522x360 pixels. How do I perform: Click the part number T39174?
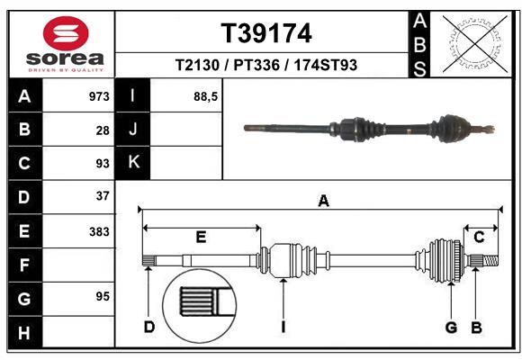tap(266, 34)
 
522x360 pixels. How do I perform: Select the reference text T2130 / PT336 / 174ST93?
tap(266, 66)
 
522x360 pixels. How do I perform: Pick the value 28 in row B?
tap(103, 130)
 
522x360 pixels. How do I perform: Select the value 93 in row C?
tap(103, 164)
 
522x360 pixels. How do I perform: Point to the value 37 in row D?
tap(103, 195)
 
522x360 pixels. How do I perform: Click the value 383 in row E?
tap(99, 231)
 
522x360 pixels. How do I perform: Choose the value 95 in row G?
tap(103, 296)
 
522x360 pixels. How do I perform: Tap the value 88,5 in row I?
tap(206, 95)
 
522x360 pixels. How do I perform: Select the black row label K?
tap(132, 162)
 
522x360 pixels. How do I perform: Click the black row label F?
tap(24, 265)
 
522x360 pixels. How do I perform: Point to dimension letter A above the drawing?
tap(322, 202)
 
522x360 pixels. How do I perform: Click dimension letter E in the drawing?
tap(202, 237)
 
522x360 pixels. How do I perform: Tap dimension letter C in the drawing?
tap(479, 237)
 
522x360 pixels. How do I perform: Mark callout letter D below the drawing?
tap(149, 327)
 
